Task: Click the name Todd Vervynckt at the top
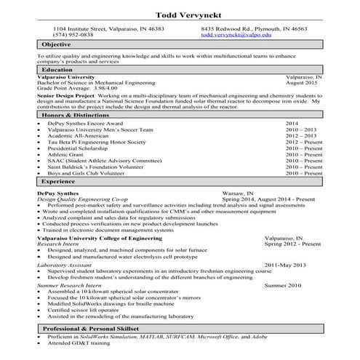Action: coord(179,15)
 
